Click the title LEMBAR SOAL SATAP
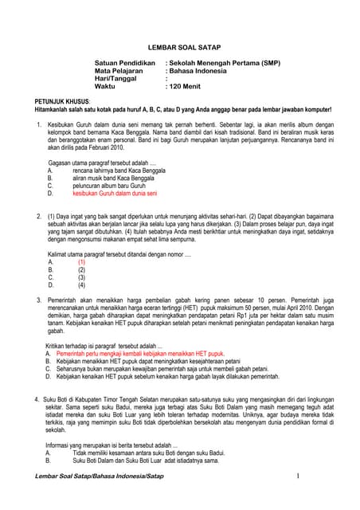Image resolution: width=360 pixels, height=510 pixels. click(179, 47)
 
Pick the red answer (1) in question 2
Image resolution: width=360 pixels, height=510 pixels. click(81, 261)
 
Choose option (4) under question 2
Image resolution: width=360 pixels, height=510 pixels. click(81, 284)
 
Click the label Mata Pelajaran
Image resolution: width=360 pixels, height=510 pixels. click(119, 71)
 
